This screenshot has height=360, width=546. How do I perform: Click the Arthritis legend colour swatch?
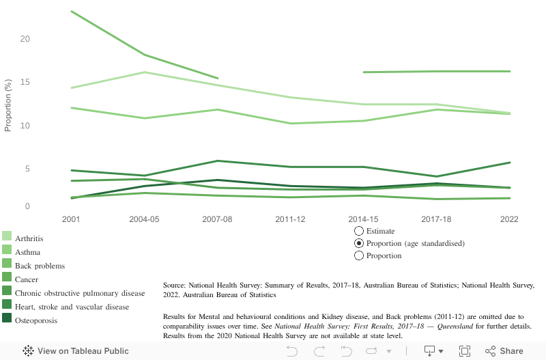point(6,236)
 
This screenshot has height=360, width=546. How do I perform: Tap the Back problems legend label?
point(40,266)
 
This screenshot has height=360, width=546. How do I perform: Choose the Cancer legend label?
point(27,279)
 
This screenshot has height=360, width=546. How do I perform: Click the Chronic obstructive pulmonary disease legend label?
point(80,293)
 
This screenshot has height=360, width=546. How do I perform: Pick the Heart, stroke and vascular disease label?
point(72,307)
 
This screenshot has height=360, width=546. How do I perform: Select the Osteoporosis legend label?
point(36,320)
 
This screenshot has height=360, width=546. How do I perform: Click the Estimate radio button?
point(360,231)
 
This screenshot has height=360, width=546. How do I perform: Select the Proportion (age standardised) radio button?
point(360,243)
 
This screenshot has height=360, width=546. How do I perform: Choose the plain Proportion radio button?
point(360,255)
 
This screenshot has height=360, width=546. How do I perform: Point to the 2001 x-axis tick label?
point(70,219)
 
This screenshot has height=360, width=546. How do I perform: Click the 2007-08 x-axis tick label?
point(217,219)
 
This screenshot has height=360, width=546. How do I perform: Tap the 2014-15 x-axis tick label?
point(363,219)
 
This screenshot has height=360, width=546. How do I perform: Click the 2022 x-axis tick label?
point(509,219)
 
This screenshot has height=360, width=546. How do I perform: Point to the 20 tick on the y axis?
point(25,39)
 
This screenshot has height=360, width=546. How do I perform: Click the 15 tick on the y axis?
point(25,83)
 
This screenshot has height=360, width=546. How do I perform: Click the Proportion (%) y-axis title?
point(9,105)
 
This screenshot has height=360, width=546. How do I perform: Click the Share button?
point(504,351)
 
